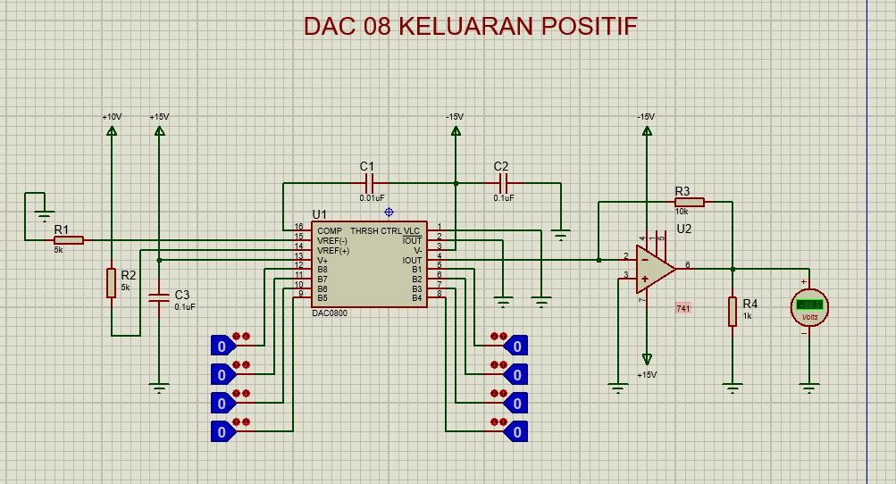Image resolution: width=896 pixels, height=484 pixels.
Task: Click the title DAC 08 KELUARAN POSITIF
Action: pos(470,26)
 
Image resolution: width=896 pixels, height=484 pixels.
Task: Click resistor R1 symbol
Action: pos(70,240)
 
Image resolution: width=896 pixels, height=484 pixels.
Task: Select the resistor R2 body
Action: pos(112,282)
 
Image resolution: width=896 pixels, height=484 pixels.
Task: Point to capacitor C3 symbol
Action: pos(159,299)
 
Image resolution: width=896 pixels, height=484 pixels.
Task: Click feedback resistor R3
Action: pos(689,202)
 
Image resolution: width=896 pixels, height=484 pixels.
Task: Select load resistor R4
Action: pos(733,312)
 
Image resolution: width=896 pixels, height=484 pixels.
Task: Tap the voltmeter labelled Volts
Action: pos(809,307)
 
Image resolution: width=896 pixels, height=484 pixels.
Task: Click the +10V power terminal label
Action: pos(112,117)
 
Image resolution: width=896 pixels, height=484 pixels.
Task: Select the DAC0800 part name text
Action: pos(330,313)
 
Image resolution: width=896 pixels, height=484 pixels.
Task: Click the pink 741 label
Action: pos(683,308)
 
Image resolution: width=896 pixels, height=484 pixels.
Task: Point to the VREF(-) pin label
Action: pos(332,241)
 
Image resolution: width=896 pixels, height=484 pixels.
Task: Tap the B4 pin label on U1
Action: pos(416,299)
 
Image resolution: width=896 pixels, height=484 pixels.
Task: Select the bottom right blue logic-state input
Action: pos(515,431)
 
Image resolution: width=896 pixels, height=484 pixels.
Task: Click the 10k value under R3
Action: pos(682,212)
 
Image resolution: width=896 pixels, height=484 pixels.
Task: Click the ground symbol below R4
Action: pos(733,388)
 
